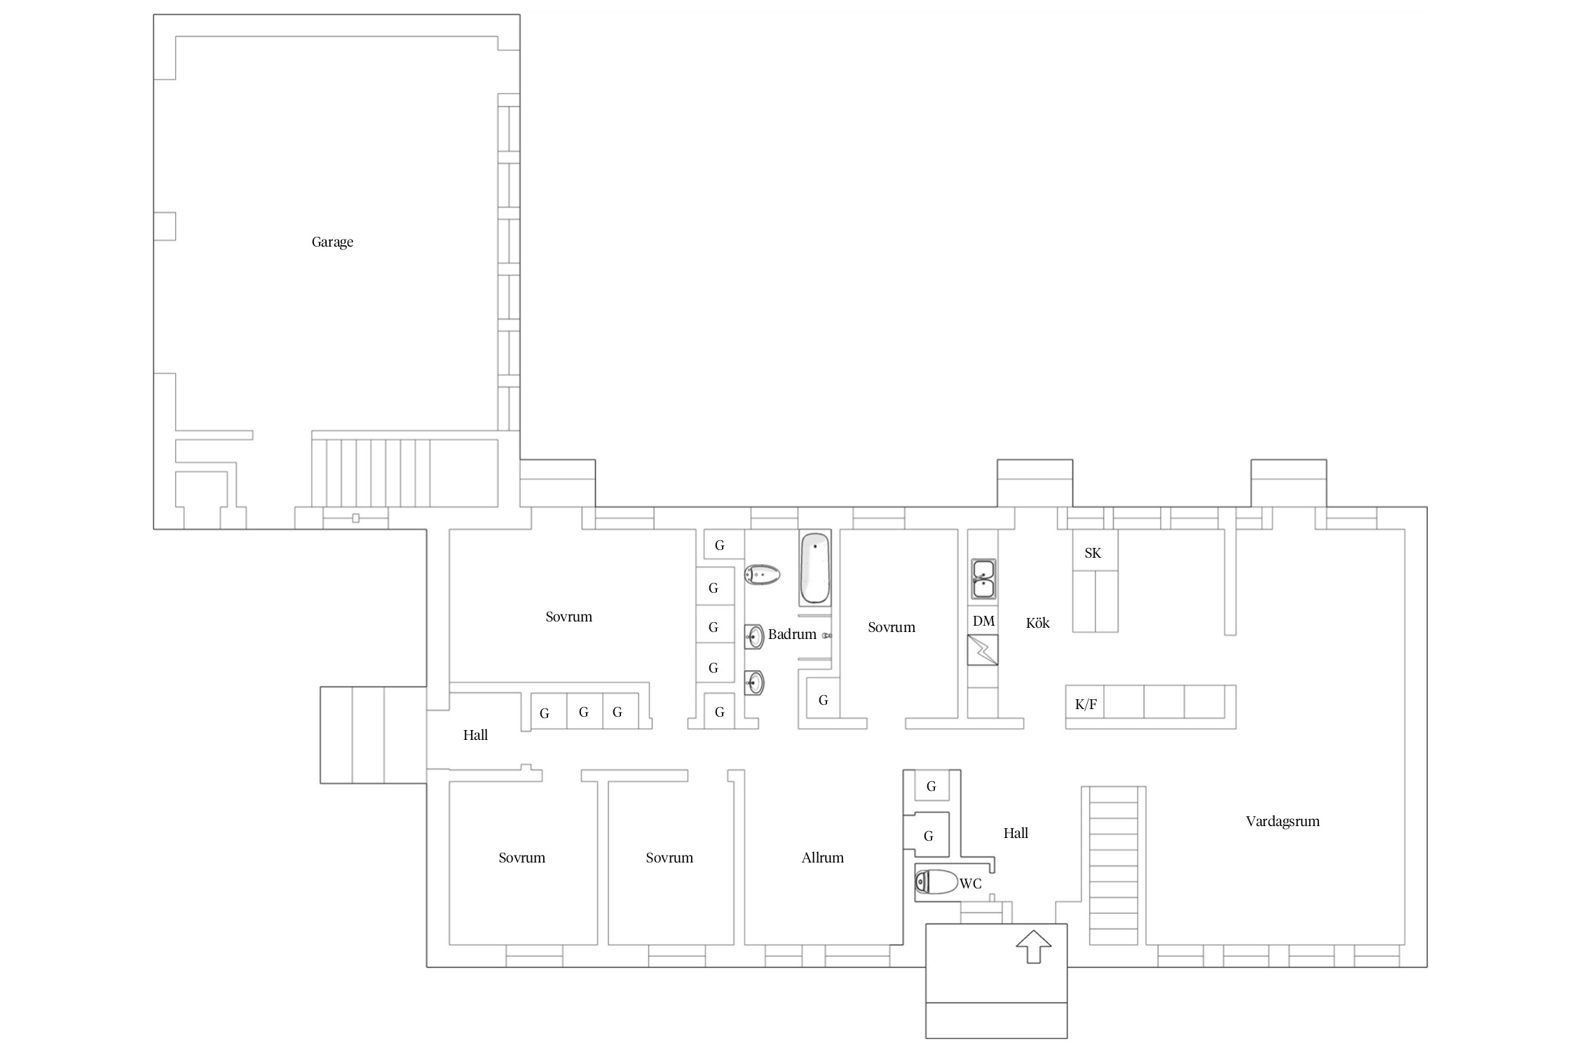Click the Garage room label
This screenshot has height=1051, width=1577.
pos(332,242)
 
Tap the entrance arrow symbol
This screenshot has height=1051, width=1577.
pos(1034,946)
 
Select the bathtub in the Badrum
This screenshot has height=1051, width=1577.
pos(814,568)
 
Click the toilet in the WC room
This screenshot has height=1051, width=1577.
pos(936,881)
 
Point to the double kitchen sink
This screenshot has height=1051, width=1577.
pos(983,579)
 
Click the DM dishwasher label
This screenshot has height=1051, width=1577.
pos(983,621)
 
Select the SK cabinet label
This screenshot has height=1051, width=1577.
pos(1093,553)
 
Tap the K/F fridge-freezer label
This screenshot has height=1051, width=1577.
pos(1086,704)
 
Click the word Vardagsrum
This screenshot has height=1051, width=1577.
pos(1283,821)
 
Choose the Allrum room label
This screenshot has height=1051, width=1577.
pos(823,858)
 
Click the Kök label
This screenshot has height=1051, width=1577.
pos(1038,623)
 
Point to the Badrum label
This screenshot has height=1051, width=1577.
pos(792,634)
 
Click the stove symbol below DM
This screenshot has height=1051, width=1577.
pos(983,650)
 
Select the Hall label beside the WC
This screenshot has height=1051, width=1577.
pos(1016,833)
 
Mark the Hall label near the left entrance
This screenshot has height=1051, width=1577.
pos(475,735)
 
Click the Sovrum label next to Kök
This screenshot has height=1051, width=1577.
pos(892,627)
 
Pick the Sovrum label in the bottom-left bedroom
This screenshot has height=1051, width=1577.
pos(521,858)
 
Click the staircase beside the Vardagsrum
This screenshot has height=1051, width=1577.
pos(1114,865)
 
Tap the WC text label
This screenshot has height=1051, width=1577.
pos(971,884)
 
